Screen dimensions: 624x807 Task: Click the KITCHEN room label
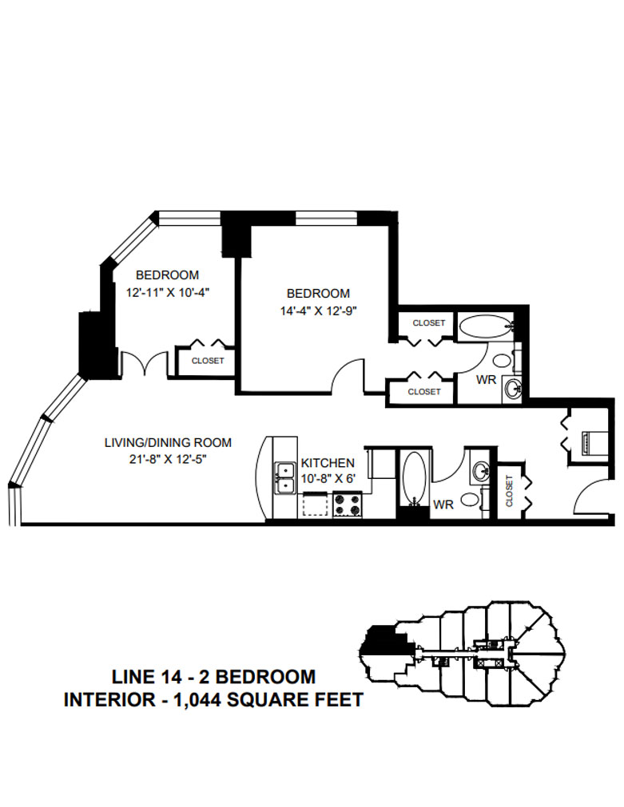click(x=328, y=463)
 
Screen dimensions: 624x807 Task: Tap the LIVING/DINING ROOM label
click(x=169, y=442)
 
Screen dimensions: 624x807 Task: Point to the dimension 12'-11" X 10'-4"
click(x=167, y=292)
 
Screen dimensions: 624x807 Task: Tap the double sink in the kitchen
click(x=284, y=478)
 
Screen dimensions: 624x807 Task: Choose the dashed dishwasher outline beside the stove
click(x=316, y=504)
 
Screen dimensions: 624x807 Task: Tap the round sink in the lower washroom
click(x=481, y=471)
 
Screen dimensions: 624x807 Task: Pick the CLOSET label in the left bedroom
click(x=208, y=361)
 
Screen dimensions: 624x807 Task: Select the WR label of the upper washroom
click(x=486, y=380)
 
